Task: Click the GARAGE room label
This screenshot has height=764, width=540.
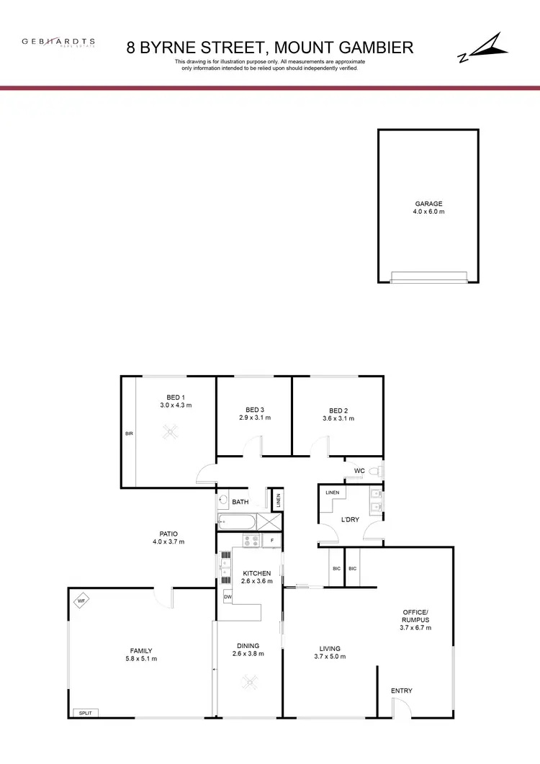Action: click(428, 204)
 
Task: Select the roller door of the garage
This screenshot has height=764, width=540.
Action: click(428, 277)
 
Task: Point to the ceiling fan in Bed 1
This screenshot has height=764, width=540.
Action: click(171, 432)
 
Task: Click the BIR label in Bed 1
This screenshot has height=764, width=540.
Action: click(128, 434)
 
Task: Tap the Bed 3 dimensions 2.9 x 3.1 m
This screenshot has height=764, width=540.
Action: click(254, 418)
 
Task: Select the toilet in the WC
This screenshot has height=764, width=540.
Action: click(374, 472)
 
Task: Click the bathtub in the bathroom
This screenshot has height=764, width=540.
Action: click(235, 521)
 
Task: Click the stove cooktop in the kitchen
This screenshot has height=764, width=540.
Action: click(251, 540)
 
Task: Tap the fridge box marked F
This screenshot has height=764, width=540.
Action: click(272, 540)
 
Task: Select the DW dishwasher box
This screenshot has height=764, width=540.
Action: click(228, 597)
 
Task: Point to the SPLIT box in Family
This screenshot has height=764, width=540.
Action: click(86, 713)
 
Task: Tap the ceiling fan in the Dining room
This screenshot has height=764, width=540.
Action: click(249, 680)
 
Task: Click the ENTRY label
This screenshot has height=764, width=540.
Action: click(401, 691)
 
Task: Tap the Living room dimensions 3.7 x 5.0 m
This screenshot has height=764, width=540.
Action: click(330, 657)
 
